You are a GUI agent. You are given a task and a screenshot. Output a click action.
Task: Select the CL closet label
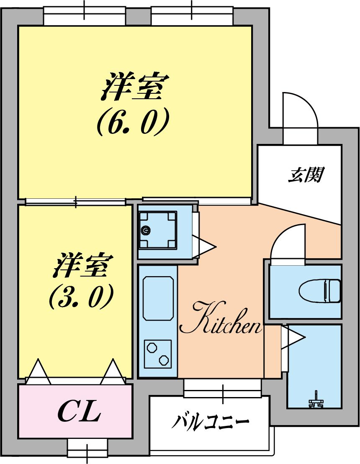coord(79,412)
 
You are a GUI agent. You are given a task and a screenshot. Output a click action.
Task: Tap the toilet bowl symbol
coord(320,290)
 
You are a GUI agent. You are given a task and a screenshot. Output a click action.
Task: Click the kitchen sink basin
coord(158,297)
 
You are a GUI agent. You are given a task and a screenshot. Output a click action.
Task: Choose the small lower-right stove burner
coord(164,359)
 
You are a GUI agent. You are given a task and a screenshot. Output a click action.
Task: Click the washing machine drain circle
coord(146,230)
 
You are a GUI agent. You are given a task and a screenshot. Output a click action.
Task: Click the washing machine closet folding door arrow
coord(204,246)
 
